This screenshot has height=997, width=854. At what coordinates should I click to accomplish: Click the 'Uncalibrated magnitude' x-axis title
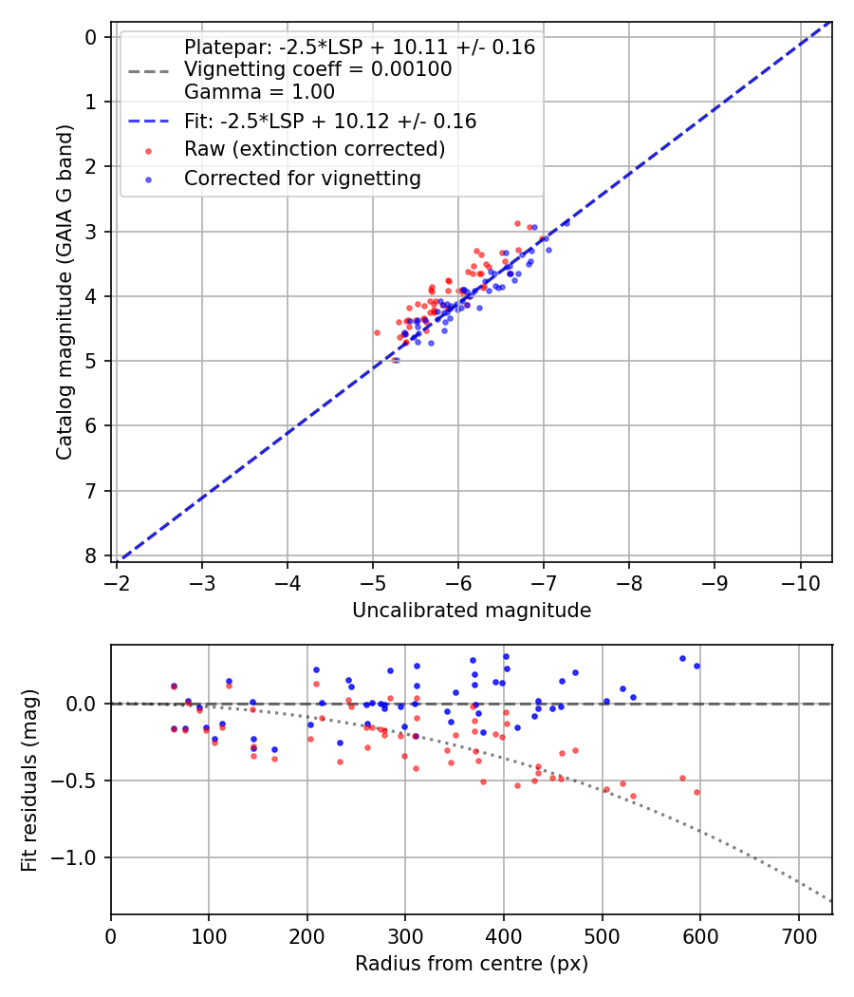(471, 611)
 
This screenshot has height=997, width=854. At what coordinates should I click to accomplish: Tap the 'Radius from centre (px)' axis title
(471, 964)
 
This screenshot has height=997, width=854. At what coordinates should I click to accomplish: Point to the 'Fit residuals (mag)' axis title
(29, 780)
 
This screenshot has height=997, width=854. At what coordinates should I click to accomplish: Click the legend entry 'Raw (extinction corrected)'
(314, 149)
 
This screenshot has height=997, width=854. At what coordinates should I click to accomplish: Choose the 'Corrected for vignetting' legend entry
(302, 178)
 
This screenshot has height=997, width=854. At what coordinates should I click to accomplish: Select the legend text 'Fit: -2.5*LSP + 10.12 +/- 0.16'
(330, 122)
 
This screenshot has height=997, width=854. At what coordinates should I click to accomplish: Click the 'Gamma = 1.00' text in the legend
(259, 92)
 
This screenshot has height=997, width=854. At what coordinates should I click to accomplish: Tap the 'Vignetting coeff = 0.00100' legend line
(318, 69)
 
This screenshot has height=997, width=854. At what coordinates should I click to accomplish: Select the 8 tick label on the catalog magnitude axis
(91, 555)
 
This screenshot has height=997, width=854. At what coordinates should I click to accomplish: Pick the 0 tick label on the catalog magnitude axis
(91, 37)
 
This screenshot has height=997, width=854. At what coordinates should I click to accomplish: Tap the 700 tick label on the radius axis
(798, 934)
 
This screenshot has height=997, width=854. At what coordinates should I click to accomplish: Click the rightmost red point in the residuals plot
(696, 792)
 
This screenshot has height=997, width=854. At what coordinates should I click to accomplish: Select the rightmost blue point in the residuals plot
(696, 666)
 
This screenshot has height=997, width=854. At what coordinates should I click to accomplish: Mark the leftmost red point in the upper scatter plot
(377, 332)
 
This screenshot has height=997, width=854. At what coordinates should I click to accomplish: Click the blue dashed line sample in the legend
(148, 122)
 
